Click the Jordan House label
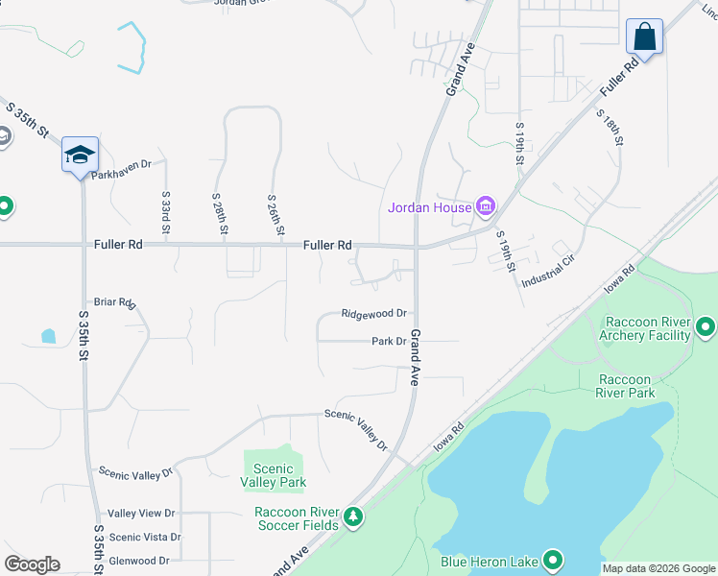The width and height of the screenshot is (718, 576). [x=429, y=207]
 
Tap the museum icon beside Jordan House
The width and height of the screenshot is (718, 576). [x=485, y=206]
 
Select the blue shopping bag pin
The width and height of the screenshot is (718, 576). [x=645, y=38]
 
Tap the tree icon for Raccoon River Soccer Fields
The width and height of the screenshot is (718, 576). [x=354, y=518]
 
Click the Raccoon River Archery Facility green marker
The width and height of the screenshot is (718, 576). [x=706, y=328]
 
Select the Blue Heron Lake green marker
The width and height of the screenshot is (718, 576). [x=553, y=560]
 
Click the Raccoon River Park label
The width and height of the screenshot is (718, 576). [x=625, y=386]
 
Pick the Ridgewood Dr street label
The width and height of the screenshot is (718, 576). [x=374, y=314]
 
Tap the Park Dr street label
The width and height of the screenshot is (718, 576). [x=390, y=341]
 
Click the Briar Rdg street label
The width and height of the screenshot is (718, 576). [x=115, y=302]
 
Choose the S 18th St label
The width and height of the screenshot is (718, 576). [x=610, y=127]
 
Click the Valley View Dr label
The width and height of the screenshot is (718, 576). [x=141, y=514]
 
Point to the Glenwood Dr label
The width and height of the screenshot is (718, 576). [x=139, y=561]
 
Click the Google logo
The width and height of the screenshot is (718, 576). [x=32, y=564]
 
